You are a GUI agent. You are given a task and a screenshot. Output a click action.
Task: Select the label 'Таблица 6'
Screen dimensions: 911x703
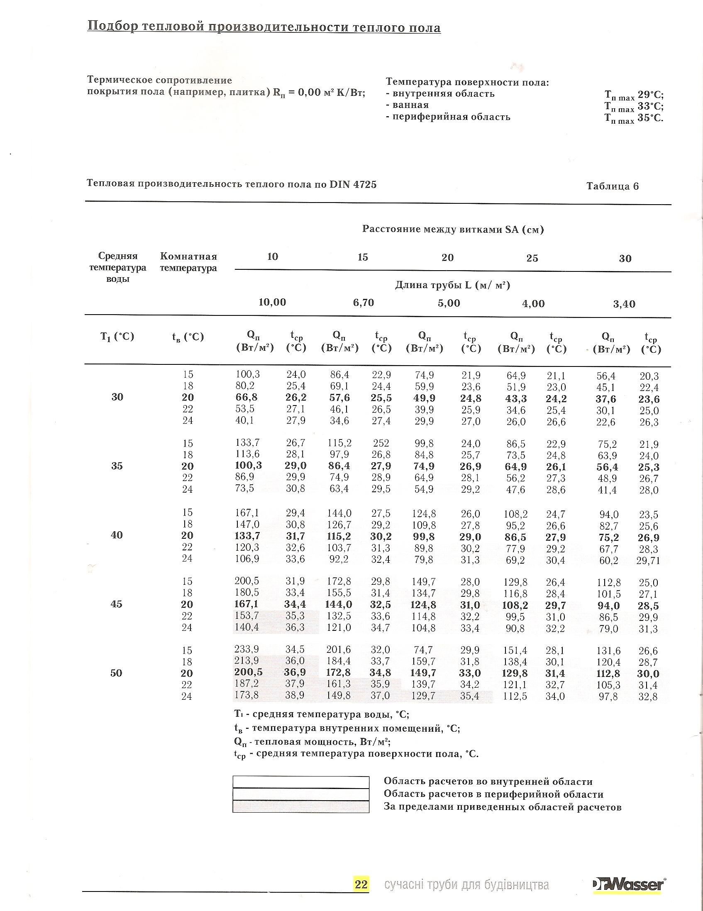pyautogui.click(x=612, y=186)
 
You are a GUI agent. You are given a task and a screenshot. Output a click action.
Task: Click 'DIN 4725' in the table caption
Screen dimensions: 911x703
pyautogui.click(x=353, y=184)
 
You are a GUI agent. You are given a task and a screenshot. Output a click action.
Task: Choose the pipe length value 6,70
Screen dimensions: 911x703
pyautogui.click(x=363, y=303)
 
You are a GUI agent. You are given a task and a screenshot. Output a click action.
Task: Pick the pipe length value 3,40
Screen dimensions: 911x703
pyautogui.click(x=624, y=304)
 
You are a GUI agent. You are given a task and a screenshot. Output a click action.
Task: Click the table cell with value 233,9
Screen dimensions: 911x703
pyautogui.click(x=247, y=649)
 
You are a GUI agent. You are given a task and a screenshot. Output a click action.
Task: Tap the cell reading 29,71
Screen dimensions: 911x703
pyautogui.click(x=648, y=561)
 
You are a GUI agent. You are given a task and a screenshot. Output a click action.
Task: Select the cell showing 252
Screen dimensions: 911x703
pyautogui.click(x=381, y=443)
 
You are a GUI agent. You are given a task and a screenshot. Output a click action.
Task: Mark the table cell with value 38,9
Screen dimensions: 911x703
pyautogui.click(x=295, y=695)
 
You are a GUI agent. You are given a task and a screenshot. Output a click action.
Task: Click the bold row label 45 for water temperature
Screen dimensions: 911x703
pyautogui.click(x=116, y=604)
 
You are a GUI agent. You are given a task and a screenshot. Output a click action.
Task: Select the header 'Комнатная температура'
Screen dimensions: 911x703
pyautogui.click(x=188, y=262)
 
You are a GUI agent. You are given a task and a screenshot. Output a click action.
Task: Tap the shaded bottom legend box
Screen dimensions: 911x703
pyautogui.click(x=300, y=806)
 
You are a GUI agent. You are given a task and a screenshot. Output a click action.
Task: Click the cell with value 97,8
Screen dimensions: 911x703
pyautogui.click(x=608, y=696)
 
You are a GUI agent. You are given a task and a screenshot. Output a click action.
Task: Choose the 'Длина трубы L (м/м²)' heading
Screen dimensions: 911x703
pyautogui.click(x=452, y=285)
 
